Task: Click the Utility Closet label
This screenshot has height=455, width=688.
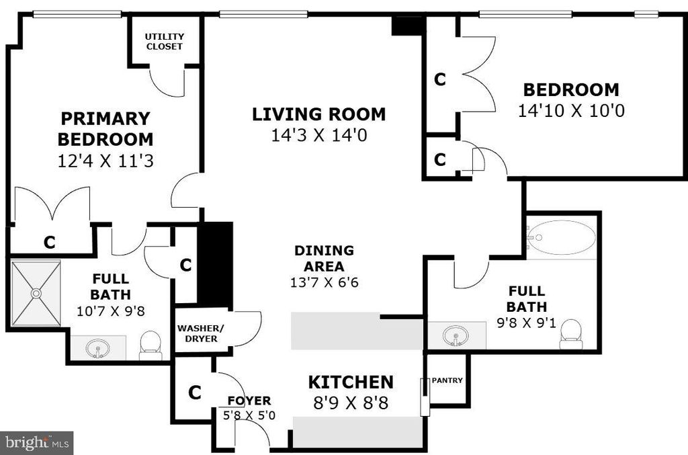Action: (x=165, y=42)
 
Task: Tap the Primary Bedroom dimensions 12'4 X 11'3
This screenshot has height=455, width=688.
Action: (x=105, y=161)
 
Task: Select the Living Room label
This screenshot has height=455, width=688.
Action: (x=318, y=114)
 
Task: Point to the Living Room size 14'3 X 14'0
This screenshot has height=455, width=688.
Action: (x=318, y=136)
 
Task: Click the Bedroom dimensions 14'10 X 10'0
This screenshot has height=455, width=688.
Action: (x=571, y=111)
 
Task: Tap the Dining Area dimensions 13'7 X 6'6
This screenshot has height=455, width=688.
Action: (x=324, y=282)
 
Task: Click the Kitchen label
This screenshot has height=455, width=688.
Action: (x=351, y=382)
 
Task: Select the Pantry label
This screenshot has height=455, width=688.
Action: (x=447, y=380)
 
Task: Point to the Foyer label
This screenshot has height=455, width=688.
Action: (x=249, y=401)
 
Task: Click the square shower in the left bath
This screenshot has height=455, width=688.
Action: (x=36, y=294)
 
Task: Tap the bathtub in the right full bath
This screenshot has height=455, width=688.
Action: (x=561, y=237)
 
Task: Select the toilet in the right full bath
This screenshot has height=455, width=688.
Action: (x=571, y=334)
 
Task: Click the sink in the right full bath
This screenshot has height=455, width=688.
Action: (x=456, y=335)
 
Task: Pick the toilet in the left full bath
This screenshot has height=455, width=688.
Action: (x=150, y=344)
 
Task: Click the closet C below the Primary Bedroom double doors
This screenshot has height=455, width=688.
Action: (x=49, y=243)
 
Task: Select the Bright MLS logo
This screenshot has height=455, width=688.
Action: (x=36, y=442)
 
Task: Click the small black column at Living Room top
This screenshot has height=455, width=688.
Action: (x=407, y=26)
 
